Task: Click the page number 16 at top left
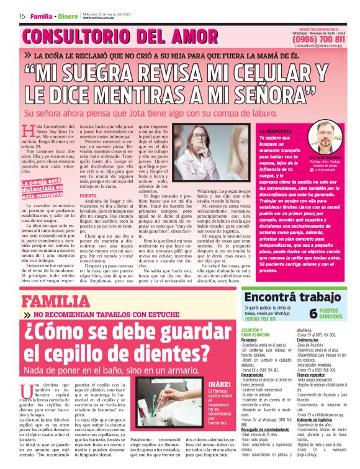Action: tap(22, 16)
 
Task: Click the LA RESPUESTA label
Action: tap(276, 132)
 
